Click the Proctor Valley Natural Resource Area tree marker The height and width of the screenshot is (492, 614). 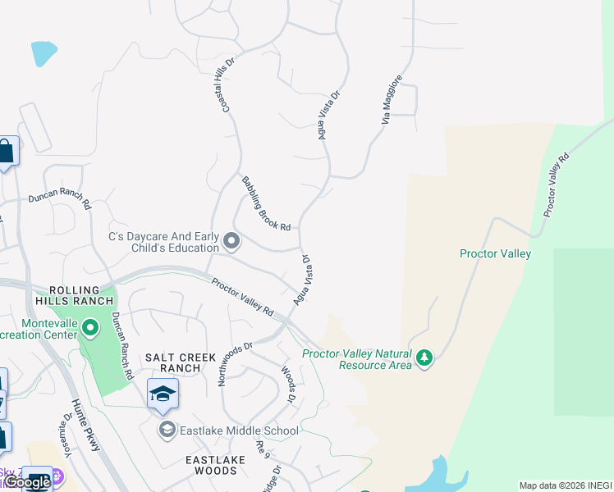coord(424,358)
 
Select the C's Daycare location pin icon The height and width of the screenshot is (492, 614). coord(231,241)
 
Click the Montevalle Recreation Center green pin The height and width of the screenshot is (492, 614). coord(91,330)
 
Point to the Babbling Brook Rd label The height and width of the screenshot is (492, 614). coord(266,203)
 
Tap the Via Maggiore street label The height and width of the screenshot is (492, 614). coord(392,99)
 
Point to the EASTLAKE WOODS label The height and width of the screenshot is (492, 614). coord(215,466)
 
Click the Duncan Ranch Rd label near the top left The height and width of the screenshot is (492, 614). coord(59,198)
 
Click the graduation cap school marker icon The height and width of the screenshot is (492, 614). coord(163,394)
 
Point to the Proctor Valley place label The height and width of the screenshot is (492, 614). coord(495,253)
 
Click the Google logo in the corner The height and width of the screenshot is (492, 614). coord(28,482)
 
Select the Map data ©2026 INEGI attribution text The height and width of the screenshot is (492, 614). coord(566,485)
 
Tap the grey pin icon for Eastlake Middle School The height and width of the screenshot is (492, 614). coord(167,430)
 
